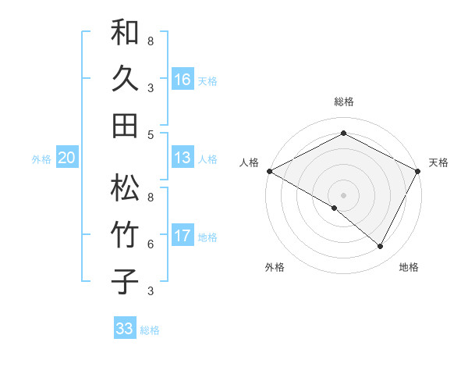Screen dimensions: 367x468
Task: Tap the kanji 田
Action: (125, 125)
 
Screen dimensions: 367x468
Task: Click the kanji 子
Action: (125, 281)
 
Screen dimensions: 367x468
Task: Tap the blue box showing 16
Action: (183, 79)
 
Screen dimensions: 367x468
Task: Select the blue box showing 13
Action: (183, 158)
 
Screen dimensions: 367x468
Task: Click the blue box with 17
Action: (183, 236)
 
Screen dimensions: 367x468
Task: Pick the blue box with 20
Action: (67, 158)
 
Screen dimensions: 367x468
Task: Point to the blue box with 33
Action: (125, 329)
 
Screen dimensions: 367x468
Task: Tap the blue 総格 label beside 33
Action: (150, 330)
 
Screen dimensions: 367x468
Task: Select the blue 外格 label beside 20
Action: (41, 159)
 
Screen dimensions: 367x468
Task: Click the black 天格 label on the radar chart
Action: (438, 162)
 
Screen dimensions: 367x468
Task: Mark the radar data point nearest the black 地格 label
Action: (381, 246)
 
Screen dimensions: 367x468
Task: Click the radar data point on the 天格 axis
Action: (418, 170)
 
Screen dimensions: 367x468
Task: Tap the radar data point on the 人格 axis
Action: (269, 170)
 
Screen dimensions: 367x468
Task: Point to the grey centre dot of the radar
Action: (343, 194)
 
